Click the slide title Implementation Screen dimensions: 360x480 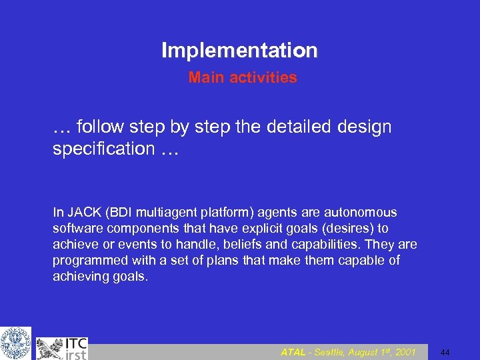coord(239,50)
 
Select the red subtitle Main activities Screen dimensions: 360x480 coord(243,77)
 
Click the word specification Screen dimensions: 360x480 coord(103,148)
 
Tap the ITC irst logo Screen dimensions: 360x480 coord(61,347)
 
